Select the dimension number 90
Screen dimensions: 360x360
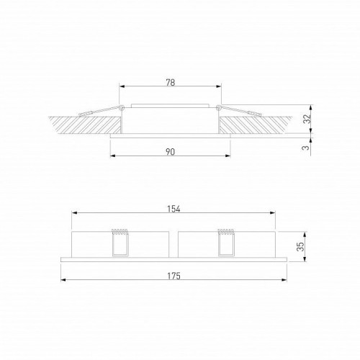click(x=171, y=153)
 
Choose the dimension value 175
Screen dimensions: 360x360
click(x=173, y=276)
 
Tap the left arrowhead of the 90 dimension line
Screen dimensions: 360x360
click(x=112, y=158)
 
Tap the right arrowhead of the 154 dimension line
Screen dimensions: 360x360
click(x=274, y=214)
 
